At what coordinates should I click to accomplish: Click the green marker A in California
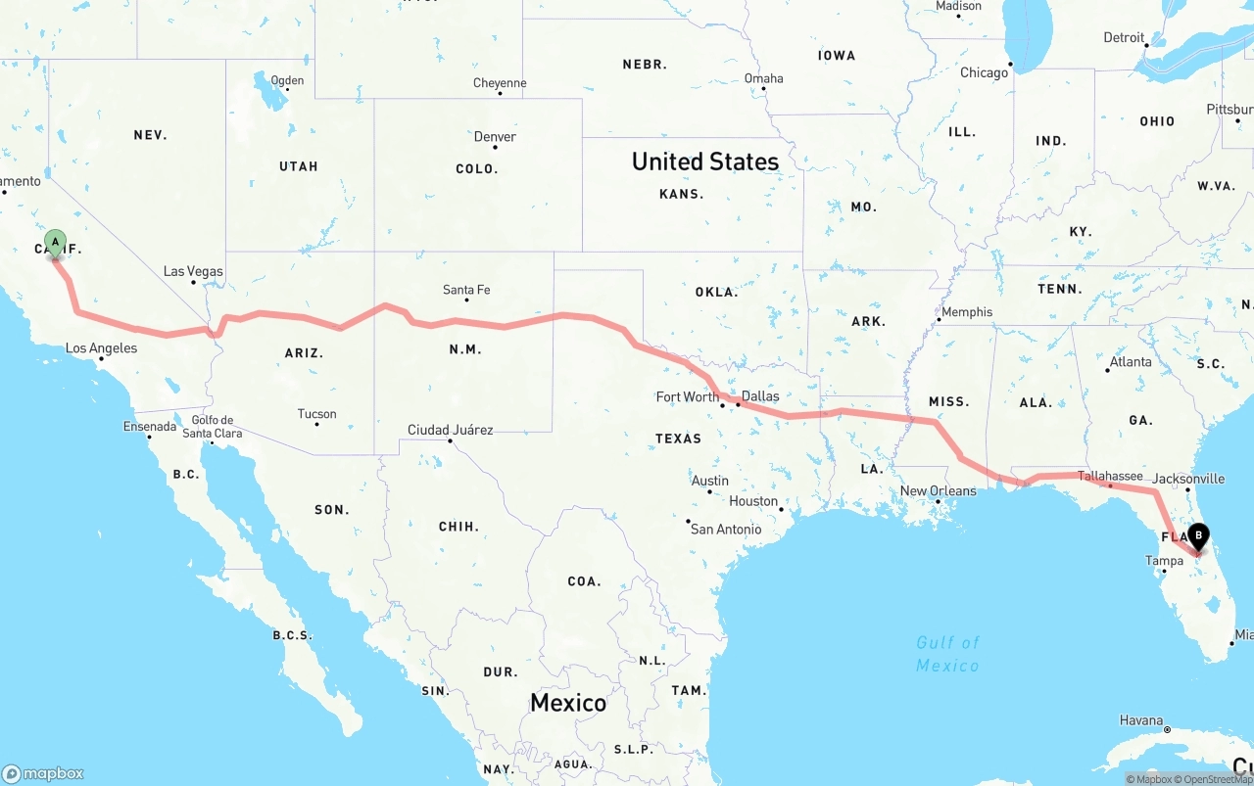[56, 241]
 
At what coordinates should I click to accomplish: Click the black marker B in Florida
[1198, 536]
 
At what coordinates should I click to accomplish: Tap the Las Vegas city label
[193, 271]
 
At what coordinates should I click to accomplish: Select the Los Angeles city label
[101, 347]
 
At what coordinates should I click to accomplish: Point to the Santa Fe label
[466, 290]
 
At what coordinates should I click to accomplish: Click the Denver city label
[495, 136]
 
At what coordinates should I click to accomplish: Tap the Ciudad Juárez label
[451, 430]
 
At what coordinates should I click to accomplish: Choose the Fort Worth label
[688, 396]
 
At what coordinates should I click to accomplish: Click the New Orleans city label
[938, 490]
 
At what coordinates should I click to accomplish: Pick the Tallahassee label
[1110, 476]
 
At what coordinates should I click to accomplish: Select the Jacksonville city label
[1188, 479]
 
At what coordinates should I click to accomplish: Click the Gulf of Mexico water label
[947, 653]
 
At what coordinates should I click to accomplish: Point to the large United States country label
[705, 162]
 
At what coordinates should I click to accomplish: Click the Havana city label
[1141, 720]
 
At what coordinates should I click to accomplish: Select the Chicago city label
[984, 72]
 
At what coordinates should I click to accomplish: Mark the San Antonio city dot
[688, 521]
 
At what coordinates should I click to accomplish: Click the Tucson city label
[316, 414]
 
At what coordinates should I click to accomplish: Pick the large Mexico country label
[568, 703]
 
